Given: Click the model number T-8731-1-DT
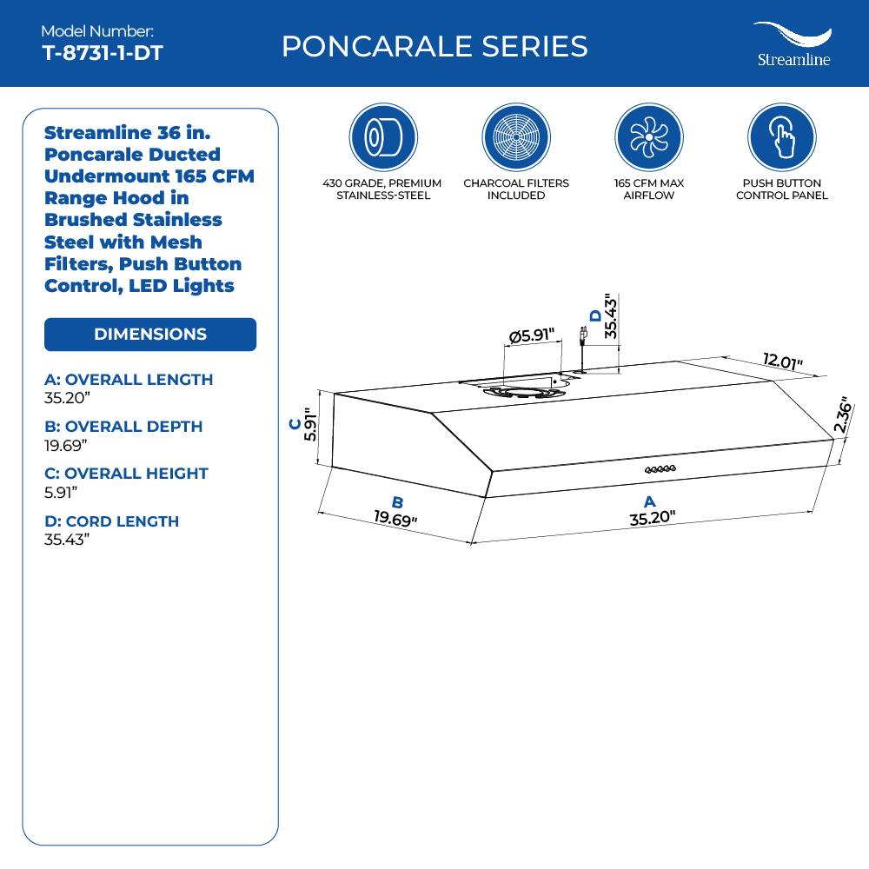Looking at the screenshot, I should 102,53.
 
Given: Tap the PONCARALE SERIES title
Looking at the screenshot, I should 434,46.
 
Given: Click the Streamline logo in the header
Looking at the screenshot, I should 792,44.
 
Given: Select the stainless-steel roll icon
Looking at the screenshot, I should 383,137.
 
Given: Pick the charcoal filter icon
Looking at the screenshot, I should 516,137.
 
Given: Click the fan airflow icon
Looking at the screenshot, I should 648,137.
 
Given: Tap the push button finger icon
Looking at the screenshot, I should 781,137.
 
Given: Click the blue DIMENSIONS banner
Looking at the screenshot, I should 150,335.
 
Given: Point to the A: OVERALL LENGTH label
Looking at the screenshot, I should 129,380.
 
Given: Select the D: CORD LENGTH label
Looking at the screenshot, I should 111,521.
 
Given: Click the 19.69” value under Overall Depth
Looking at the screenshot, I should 66,445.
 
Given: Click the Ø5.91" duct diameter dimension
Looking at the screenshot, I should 533,335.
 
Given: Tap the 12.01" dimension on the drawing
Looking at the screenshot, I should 783,362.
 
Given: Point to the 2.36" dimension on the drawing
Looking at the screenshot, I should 840,415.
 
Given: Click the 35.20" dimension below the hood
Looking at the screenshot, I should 653,520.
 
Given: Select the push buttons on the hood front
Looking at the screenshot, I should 660,470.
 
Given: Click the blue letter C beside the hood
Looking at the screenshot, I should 295,424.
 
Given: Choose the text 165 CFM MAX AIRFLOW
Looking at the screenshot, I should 648,189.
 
